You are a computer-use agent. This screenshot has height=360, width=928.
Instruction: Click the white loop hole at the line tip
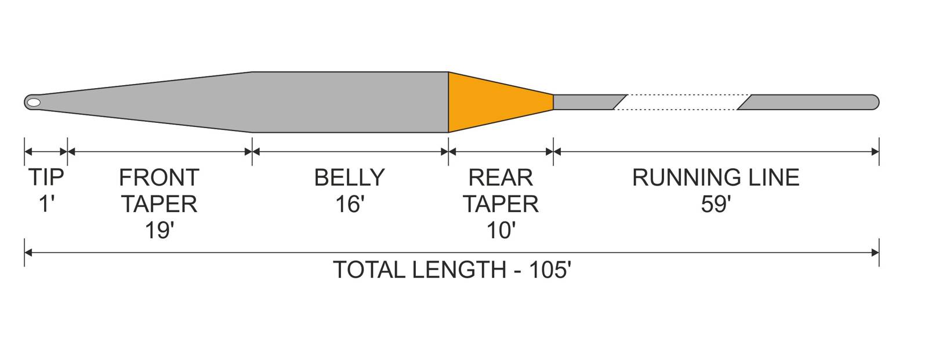(34, 103)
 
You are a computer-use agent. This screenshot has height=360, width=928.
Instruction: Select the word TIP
(46, 178)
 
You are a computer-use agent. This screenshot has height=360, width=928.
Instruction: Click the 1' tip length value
(47, 204)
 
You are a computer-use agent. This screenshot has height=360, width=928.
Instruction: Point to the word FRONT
(159, 178)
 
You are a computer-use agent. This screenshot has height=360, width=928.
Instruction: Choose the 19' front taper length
(159, 230)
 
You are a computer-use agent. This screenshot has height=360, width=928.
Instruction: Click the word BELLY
(350, 178)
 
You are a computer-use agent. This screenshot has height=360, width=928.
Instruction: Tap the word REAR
(501, 178)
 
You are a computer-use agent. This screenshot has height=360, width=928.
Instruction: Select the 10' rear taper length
(501, 230)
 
